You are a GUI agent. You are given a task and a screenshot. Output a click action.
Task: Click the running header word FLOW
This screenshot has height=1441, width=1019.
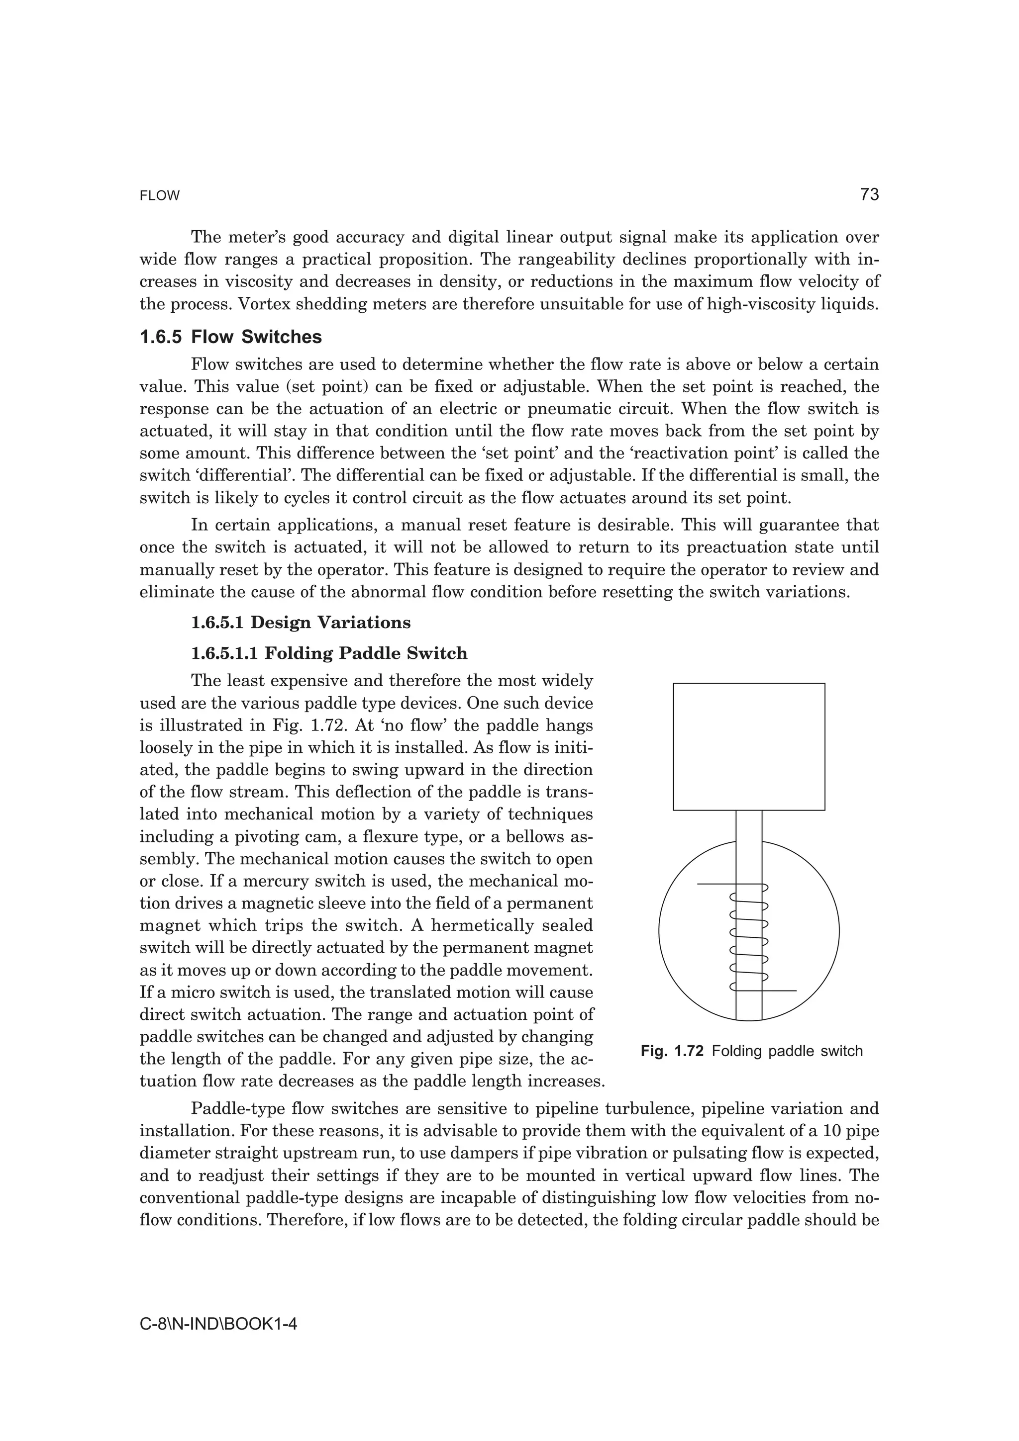[160, 196]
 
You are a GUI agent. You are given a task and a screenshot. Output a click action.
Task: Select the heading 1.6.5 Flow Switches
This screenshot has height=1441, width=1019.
[230, 337]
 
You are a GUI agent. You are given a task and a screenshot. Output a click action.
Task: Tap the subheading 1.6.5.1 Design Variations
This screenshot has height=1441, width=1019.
[301, 623]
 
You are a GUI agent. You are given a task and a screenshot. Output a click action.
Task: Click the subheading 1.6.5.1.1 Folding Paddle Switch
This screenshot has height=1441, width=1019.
[329, 653]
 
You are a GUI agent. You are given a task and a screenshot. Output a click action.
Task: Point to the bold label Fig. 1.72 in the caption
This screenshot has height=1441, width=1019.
[672, 1051]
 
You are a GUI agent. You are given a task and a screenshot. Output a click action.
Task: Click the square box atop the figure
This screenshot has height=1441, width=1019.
[748, 746]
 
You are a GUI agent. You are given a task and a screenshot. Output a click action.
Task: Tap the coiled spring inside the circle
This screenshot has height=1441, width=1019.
[749, 936]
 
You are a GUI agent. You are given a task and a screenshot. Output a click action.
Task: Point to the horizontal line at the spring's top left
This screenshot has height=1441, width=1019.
[714, 884]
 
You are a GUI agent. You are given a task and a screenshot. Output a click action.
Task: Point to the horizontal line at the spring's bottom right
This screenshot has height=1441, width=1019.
[780, 991]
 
